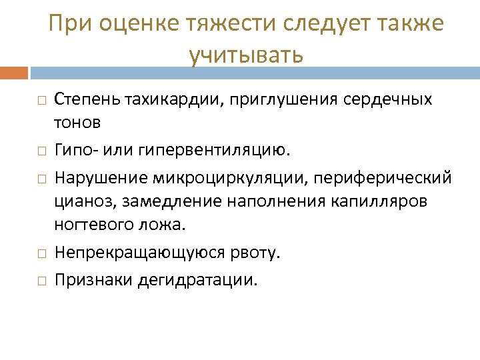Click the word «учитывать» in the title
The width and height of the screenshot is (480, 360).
(245, 55)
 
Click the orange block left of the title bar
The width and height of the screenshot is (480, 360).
(14, 72)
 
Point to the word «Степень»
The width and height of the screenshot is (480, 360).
(85, 100)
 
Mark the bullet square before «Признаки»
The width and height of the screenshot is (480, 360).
(41, 281)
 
